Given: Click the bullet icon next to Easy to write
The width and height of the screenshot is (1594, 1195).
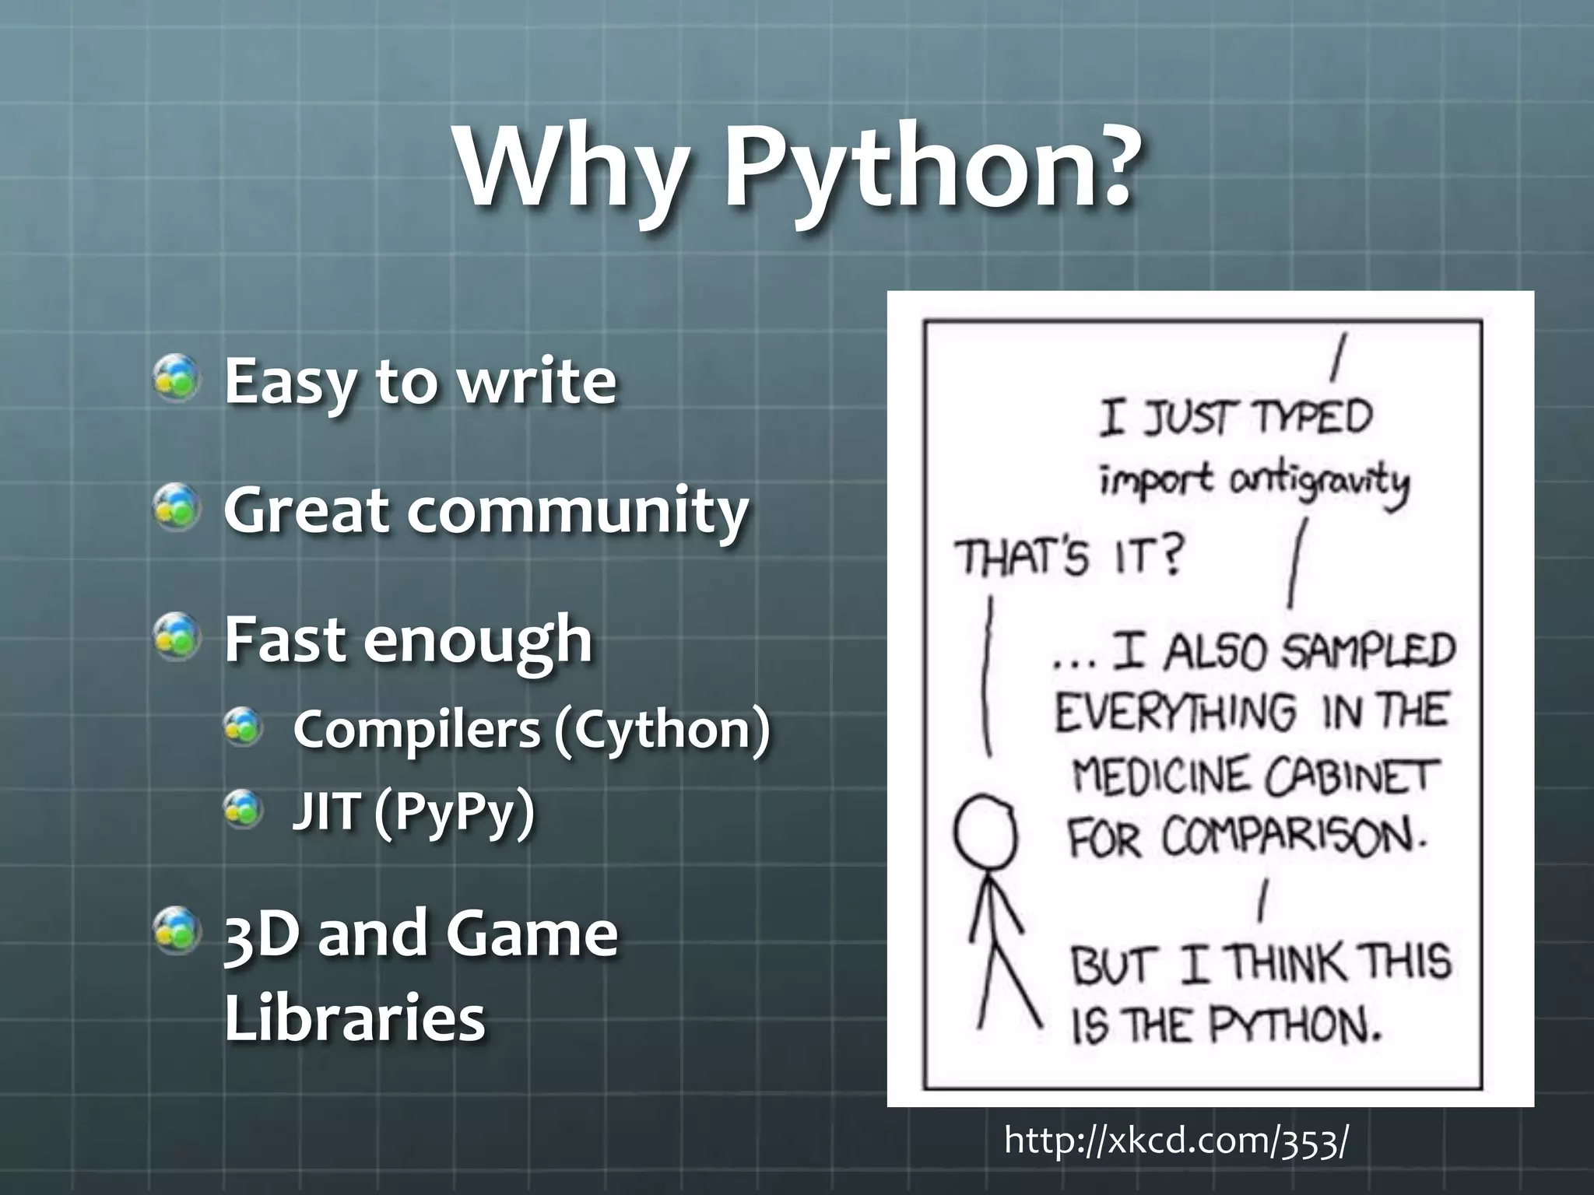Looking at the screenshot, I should click(x=177, y=379).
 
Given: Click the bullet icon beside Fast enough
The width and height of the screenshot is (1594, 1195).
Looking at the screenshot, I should click(x=177, y=637).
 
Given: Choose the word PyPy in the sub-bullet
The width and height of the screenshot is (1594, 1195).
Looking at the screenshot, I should click(x=455, y=812).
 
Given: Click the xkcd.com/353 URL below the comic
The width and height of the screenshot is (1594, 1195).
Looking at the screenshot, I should click(x=1176, y=1141).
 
